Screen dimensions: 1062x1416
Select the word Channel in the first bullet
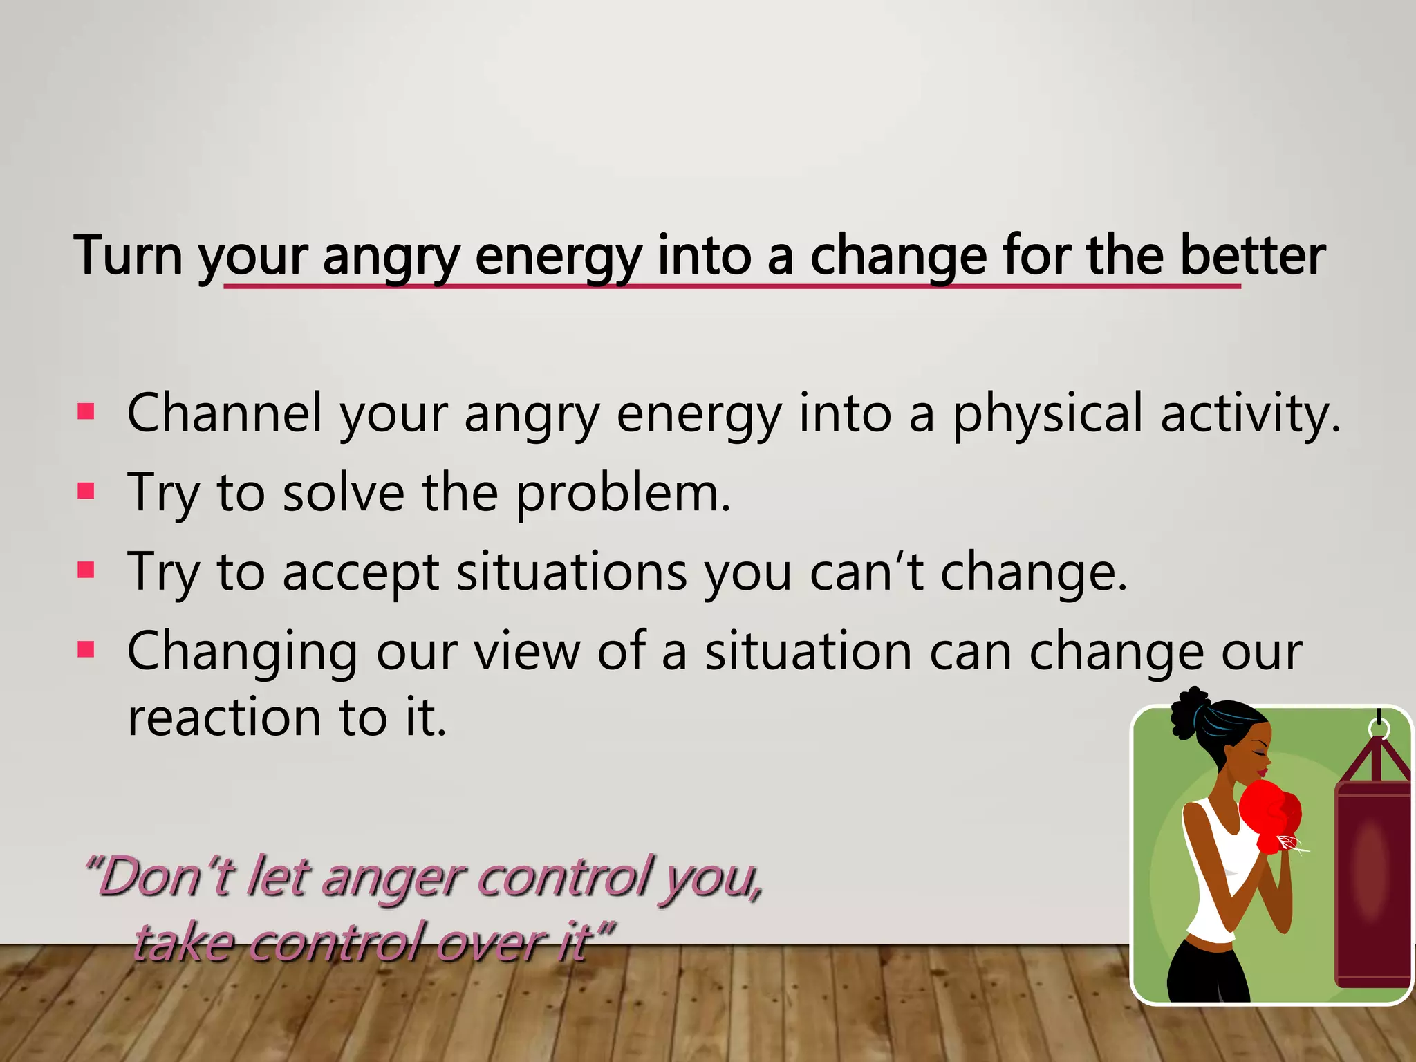click(x=225, y=413)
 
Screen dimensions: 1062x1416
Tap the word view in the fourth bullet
click(x=526, y=651)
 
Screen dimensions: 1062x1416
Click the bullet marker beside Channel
click(x=86, y=412)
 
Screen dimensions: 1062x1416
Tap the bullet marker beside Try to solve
click(x=86, y=492)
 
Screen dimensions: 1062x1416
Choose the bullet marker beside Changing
click(x=86, y=650)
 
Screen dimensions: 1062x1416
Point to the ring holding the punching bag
click(x=1379, y=727)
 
